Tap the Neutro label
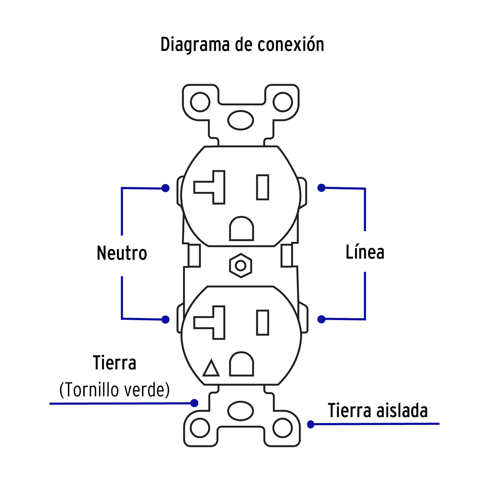pyautogui.click(x=122, y=253)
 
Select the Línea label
pyautogui.click(x=365, y=252)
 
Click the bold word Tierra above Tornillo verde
pyautogui.click(x=115, y=363)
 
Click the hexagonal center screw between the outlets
pyautogui.click(x=241, y=266)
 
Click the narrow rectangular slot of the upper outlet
pyautogui.click(x=262, y=187)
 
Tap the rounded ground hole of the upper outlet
pyautogui.click(x=241, y=229)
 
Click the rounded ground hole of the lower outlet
pyautogui.click(x=241, y=364)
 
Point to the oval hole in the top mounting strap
pyautogui.click(x=241, y=120)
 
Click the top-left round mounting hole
pyautogui.click(x=200, y=102)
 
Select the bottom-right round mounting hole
pyautogui.click(x=283, y=428)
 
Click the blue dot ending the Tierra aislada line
pyautogui.click(x=311, y=424)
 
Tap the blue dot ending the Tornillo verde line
pyautogui.click(x=194, y=403)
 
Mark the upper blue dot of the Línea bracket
pyautogui.click(x=321, y=188)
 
